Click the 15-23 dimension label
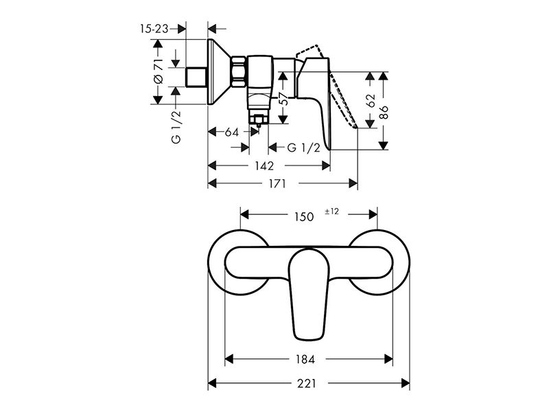[154, 28]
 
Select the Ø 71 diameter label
[159, 71]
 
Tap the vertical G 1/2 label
[176, 127]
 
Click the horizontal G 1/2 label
[303, 148]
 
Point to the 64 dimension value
[231, 132]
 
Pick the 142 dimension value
[264, 165]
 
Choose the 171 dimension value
[277, 183]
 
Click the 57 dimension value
[284, 99]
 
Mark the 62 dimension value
[371, 100]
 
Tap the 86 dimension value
[384, 112]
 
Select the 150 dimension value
[304, 217]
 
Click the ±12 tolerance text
[332, 211]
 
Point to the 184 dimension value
[305, 359]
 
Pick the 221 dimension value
[306, 384]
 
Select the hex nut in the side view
[238, 73]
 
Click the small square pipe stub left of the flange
[196, 77]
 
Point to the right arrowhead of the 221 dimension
[405, 383]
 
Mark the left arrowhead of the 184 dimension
[229, 358]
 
